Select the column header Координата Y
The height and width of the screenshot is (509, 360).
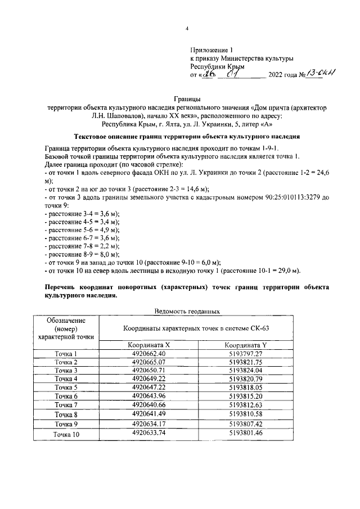click(246, 345)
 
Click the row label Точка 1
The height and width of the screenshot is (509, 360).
click(65, 354)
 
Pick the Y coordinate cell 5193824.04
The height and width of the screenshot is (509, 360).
click(246, 371)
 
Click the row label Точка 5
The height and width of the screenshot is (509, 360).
click(65, 388)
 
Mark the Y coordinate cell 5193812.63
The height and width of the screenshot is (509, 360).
click(246, 405)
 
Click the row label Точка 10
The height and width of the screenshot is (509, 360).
click(66, 434)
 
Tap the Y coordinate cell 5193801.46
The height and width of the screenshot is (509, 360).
click(246, 433)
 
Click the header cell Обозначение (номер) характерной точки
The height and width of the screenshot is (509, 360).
click(65, 328)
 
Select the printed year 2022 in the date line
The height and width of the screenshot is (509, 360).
click(278, 75)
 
